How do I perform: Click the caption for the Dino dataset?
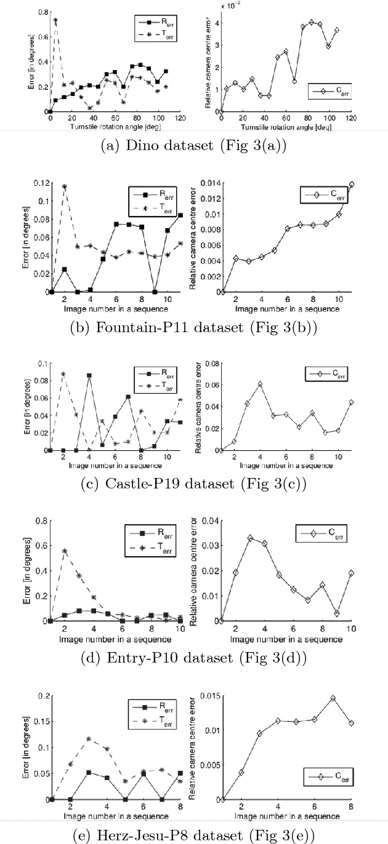[x=194, y=146]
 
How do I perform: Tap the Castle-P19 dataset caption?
[x=194, y=485]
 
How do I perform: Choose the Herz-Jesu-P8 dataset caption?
[x=194, y=834]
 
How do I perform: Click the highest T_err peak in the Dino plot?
[x=55, y=20]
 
